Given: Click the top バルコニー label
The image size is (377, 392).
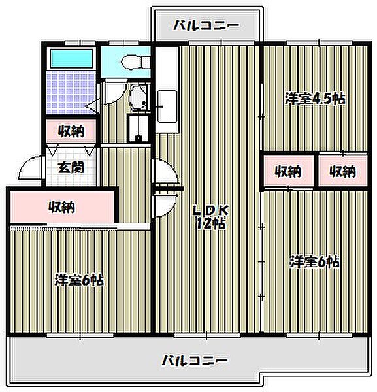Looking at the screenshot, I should (206, 27).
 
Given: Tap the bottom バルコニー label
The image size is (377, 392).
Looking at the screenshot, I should (194, 360).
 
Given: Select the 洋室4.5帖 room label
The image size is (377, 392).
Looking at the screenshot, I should (315, 99).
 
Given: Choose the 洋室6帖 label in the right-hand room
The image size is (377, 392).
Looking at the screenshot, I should (315, 262).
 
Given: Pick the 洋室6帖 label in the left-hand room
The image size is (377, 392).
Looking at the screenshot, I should (78, 281).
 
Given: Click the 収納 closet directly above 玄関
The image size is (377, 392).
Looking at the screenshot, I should (71, 131).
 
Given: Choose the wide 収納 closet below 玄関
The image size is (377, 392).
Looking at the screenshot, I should (62, 208).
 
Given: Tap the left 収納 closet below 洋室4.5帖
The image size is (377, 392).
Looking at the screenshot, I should (287, 172).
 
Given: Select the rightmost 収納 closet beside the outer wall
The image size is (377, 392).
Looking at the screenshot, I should (342, 172).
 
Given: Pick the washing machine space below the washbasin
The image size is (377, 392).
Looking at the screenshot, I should (138, 127).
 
